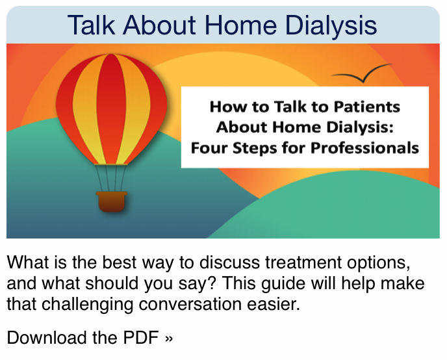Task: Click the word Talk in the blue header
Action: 92,25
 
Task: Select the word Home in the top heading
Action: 241,25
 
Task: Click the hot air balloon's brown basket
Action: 112,202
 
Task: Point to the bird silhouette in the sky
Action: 362,74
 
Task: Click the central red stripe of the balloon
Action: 112,109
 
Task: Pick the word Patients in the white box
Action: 367,107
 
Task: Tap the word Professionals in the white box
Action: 364,148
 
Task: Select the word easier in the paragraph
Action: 274,304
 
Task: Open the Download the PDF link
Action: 90,338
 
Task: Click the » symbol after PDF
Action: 169,339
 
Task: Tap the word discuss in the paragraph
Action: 230,263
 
